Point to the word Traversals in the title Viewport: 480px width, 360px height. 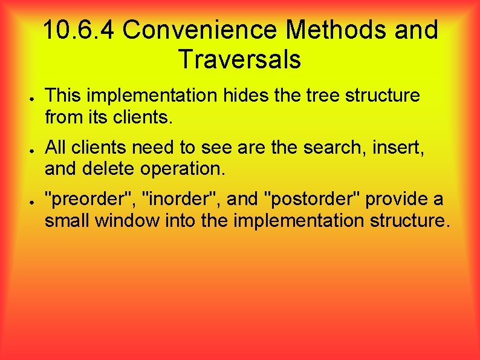[239, 59]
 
